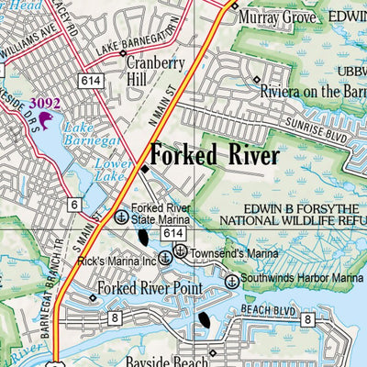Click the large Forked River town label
tap(215, 156)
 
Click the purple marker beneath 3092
tap(44, 119)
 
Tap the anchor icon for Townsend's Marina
tap(181, 251)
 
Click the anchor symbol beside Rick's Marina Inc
tap(165, 260)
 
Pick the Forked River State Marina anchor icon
tap(121, 217)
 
